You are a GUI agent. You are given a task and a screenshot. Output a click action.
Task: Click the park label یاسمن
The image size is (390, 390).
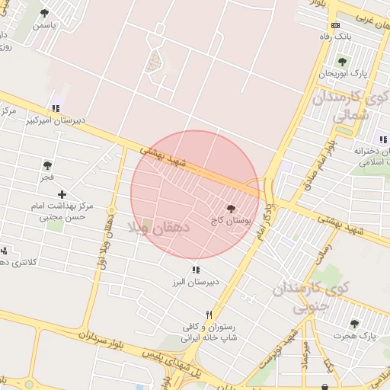coord(43,25)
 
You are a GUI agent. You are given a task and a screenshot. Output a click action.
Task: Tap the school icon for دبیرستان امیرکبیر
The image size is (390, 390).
coord(54,108)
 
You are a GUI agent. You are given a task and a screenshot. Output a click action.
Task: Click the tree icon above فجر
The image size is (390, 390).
coord(48,165)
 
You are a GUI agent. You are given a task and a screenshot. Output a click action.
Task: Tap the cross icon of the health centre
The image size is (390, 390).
coord(62,194)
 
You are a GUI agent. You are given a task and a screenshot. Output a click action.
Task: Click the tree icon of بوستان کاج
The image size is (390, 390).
coord(232,207)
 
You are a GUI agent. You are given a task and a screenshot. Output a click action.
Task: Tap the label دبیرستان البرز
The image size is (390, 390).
coord(195,282)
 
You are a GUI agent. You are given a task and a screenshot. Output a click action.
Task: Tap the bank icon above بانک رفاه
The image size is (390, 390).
coord(335,25)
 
